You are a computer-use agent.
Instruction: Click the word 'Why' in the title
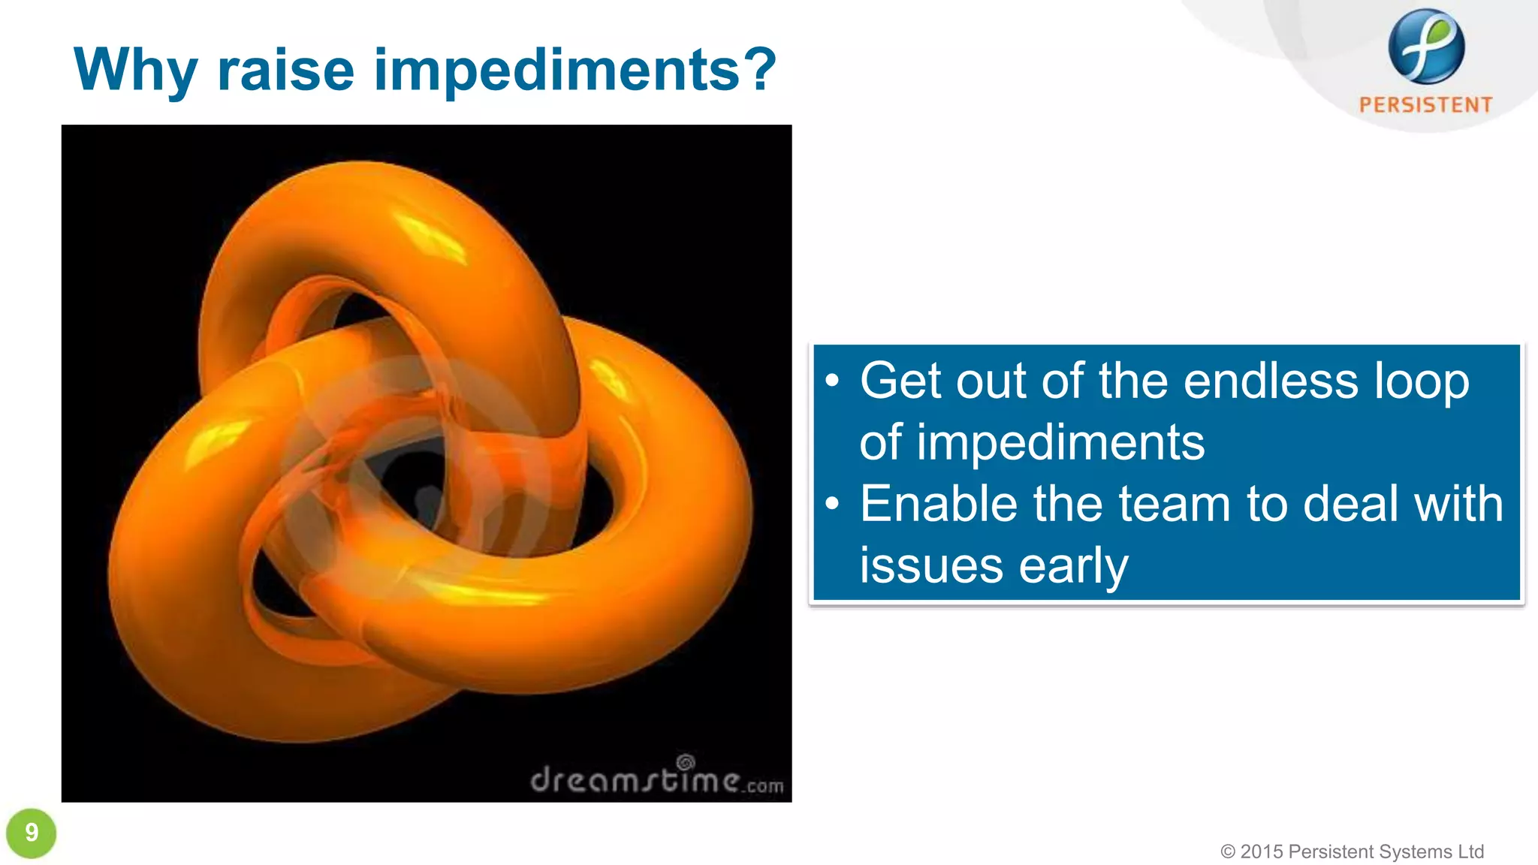click(x=135, y=70)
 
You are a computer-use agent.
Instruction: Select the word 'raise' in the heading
click(x=285, y=70)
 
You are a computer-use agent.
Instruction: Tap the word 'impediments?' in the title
click(x=574, y=70)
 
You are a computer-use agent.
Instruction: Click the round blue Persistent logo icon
click(x=1426, y=47)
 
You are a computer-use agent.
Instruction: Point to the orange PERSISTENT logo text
click(x=1426, y=105)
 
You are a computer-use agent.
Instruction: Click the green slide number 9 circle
click(x=32, y=833)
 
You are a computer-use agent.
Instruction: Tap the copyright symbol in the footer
click(x=1228, y=851)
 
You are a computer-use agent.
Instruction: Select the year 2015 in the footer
click(x=1262, y=851)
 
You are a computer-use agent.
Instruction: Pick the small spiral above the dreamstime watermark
click(x=686, y=762)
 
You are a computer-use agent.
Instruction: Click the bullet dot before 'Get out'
click(x=831, y=381)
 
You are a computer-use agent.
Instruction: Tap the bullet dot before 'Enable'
click(x=831, y=504)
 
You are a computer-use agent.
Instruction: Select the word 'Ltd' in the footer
click(x=1470, y=851)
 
